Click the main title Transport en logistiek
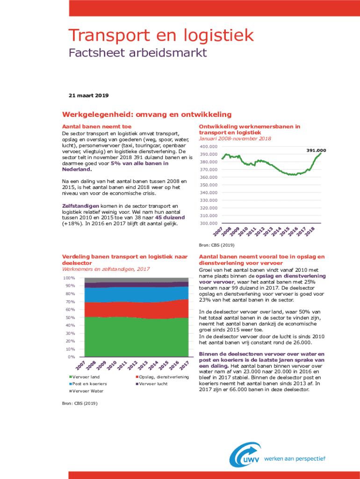point(161,35)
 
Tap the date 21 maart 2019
point(89,95)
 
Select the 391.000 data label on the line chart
point(316,151)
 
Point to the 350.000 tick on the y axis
point(209,185)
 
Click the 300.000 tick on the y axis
point(209,223)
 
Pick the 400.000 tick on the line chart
point(209,146)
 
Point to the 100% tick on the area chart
point(69,278)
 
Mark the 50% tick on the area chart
point(70,318)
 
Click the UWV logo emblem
point(245,458)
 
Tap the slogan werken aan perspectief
point(295,458)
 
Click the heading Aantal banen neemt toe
point(97,126)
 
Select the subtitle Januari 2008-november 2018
point(235,139)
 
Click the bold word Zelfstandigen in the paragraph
point(80,206)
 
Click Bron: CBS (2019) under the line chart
point(219,245)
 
